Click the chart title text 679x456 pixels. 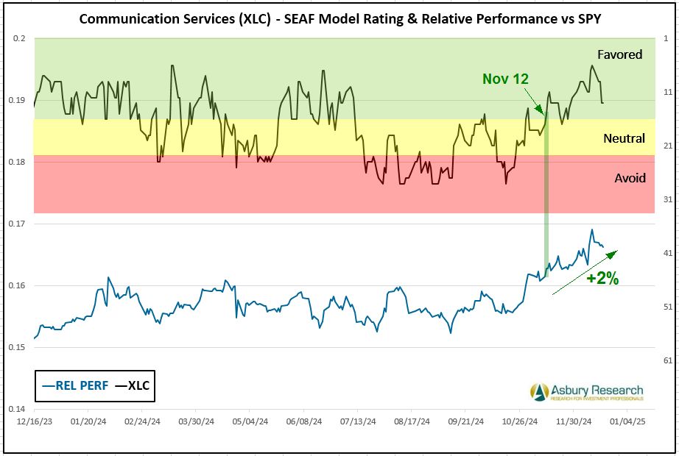tap(339, 18)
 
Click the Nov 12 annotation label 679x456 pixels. tap(506, 79)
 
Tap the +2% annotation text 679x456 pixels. tap(602, 279)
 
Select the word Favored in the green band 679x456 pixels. tap(619, 54)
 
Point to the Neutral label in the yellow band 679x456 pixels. tap(624, 138)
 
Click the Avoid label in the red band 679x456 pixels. tap(630, 178)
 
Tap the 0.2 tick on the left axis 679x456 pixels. tap(20, 38)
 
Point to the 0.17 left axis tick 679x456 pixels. tap(18, 224)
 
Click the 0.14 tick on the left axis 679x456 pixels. tap(18, 409)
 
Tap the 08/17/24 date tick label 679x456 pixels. tap(408, 422)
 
